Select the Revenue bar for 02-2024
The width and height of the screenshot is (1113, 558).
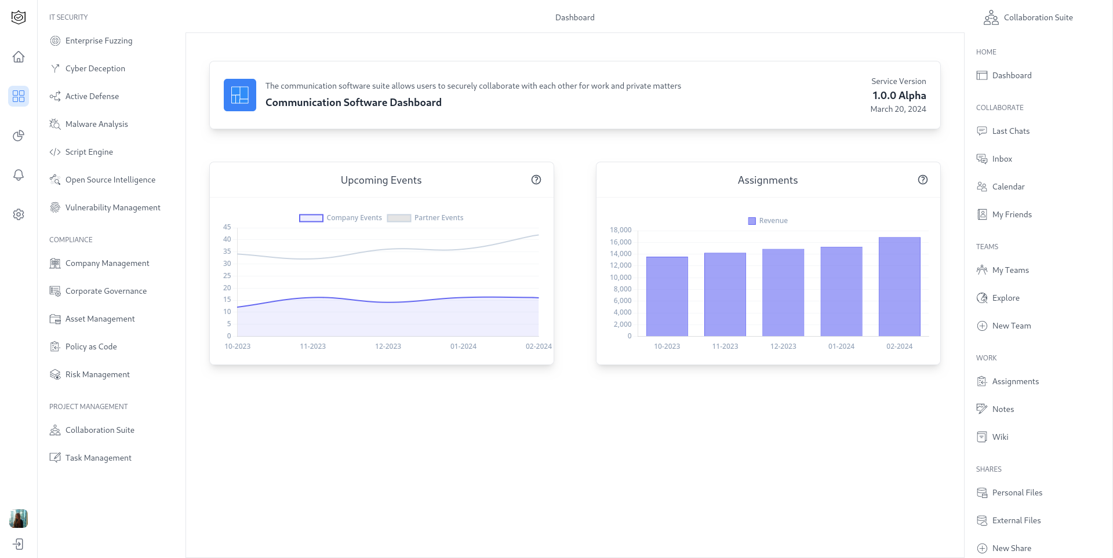tap(899, 286)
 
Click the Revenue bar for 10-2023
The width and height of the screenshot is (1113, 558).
tap(667, 296)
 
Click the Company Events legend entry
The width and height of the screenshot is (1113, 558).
tap(341, 218)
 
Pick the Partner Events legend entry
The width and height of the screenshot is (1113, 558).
tap(425, 218)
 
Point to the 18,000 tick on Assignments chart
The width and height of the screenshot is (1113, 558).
tap(620, 230)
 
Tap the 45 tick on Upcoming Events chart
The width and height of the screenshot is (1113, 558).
tap(227, 227)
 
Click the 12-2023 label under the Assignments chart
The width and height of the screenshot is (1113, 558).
tap(783, 347)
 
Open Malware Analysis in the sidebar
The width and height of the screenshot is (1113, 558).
tap(96, 124)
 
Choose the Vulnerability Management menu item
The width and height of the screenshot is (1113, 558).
tap(112, 207)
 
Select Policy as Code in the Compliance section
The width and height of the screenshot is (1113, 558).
tap(91, 347)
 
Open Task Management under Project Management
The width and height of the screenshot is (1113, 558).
tap(98, 458)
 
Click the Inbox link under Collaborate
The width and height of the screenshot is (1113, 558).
tap(1002, 159)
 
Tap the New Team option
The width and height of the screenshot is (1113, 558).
tap(1011, 326)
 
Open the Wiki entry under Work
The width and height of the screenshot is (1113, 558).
tap(1000, 437)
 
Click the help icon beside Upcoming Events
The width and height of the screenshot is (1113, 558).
tap(536, 180)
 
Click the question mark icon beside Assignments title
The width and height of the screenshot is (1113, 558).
tap(923, 180)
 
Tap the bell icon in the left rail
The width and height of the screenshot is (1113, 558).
tap(19, 175)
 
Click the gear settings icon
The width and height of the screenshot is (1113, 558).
tap(19, 214)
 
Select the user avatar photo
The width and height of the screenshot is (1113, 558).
tap(19, 519)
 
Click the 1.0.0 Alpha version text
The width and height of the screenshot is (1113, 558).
tap(899, 96)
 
